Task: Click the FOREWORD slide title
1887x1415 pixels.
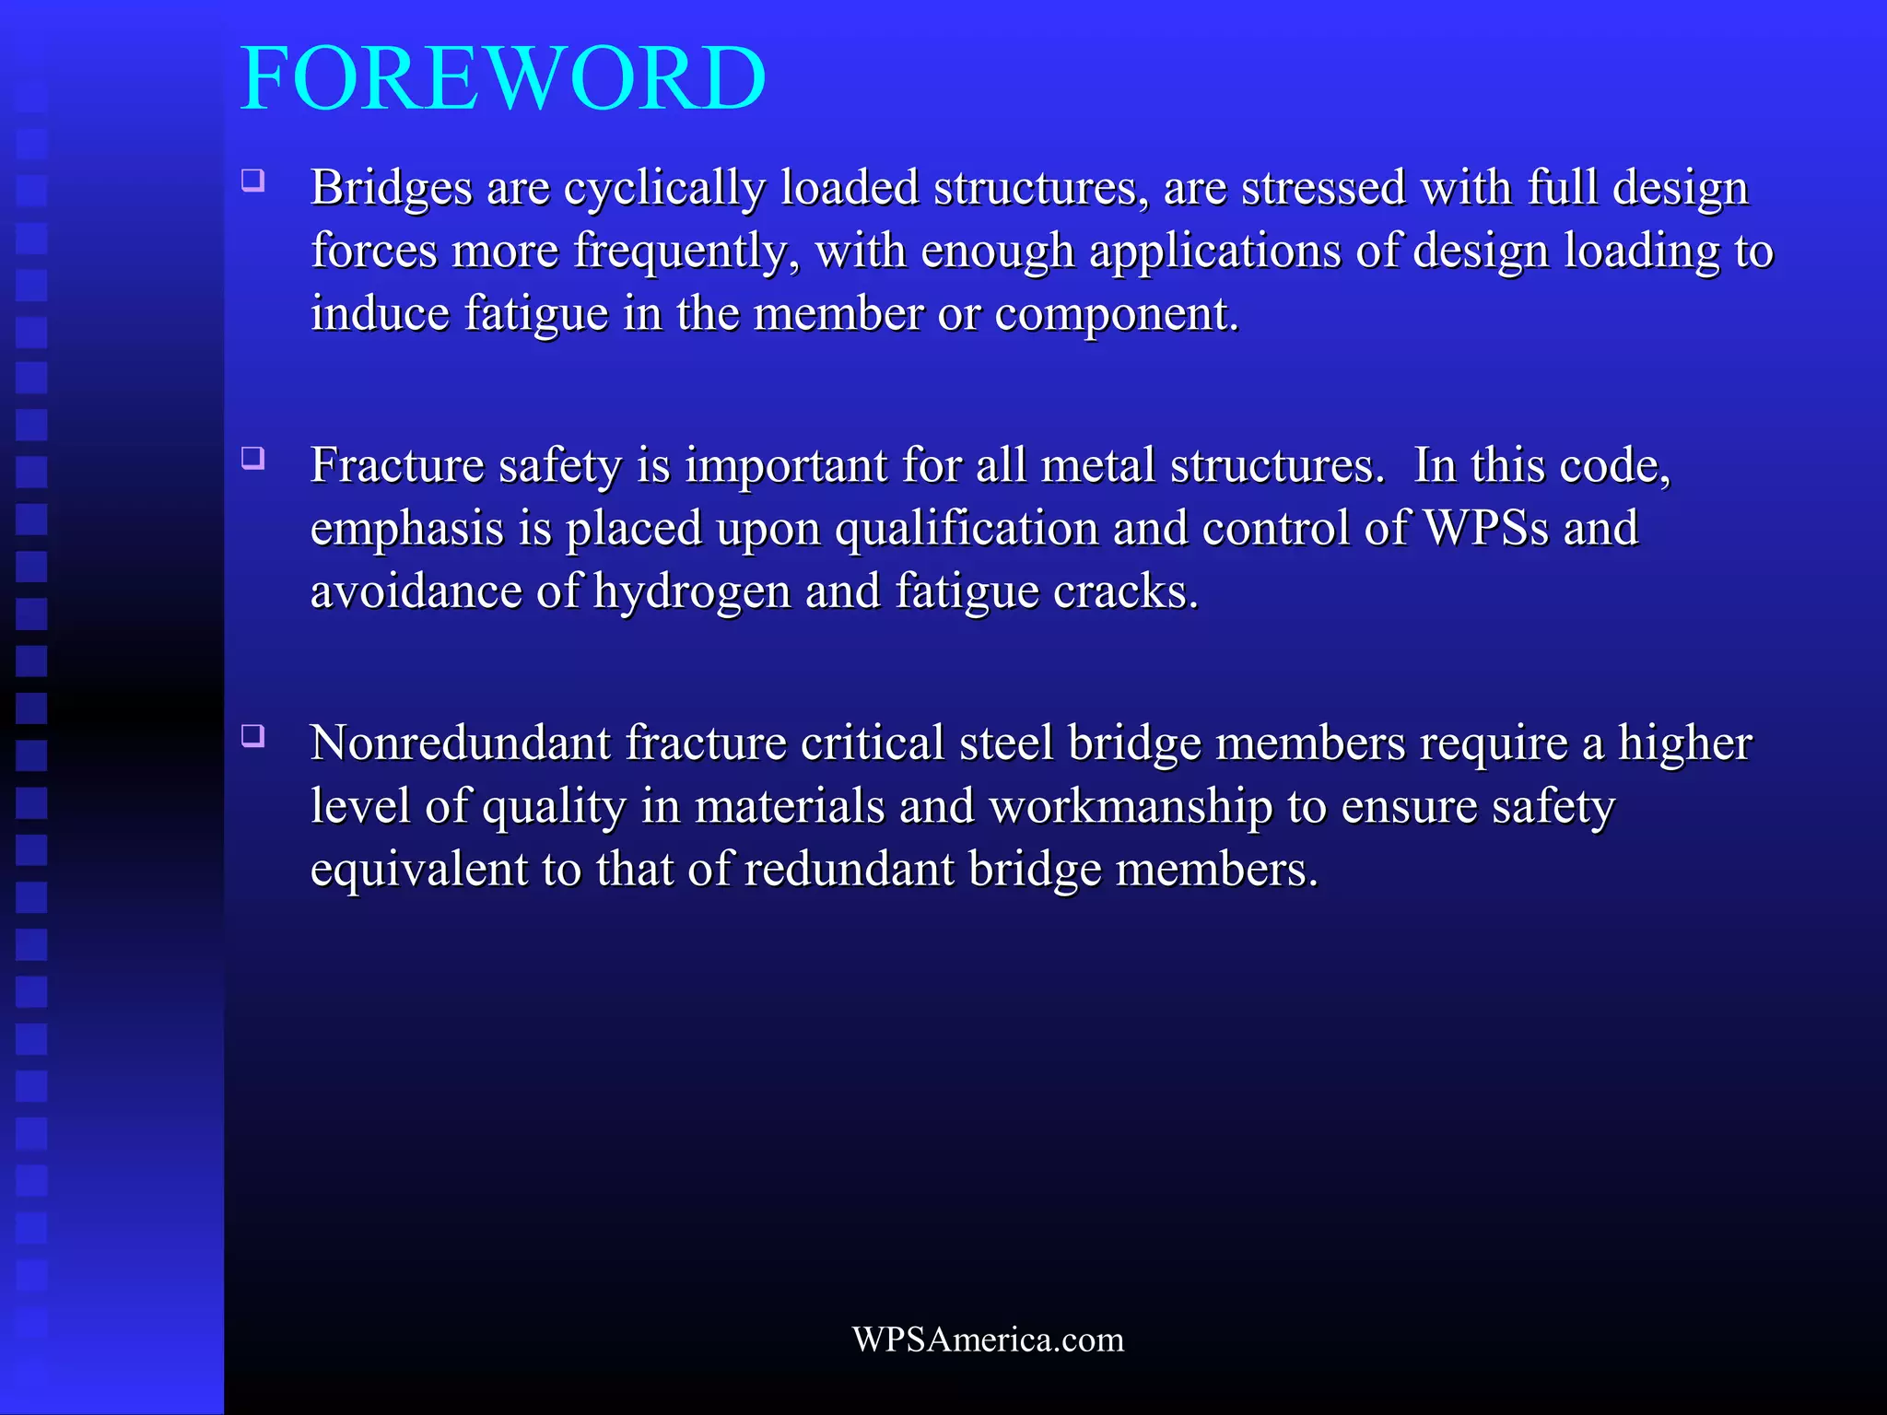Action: pos(503,79)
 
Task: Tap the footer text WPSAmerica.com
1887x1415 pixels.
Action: pos(988,1339)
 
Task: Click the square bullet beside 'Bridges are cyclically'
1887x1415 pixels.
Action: pos(253,180)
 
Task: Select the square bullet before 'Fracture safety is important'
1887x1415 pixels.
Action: pos(253,458)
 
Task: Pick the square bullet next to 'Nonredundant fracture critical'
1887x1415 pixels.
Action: pos(253,735)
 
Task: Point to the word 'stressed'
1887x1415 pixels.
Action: pos(1323,188)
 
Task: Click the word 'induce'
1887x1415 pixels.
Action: pos(380,313)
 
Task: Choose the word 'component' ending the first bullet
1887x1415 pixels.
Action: pos(1115,315)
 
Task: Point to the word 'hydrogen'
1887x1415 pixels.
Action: pos(692,592)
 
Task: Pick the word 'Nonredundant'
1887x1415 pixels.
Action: pos(460,743)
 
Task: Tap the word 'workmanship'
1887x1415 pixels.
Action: pos(1131,807)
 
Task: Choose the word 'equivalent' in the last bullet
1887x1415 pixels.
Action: pos(418,870)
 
